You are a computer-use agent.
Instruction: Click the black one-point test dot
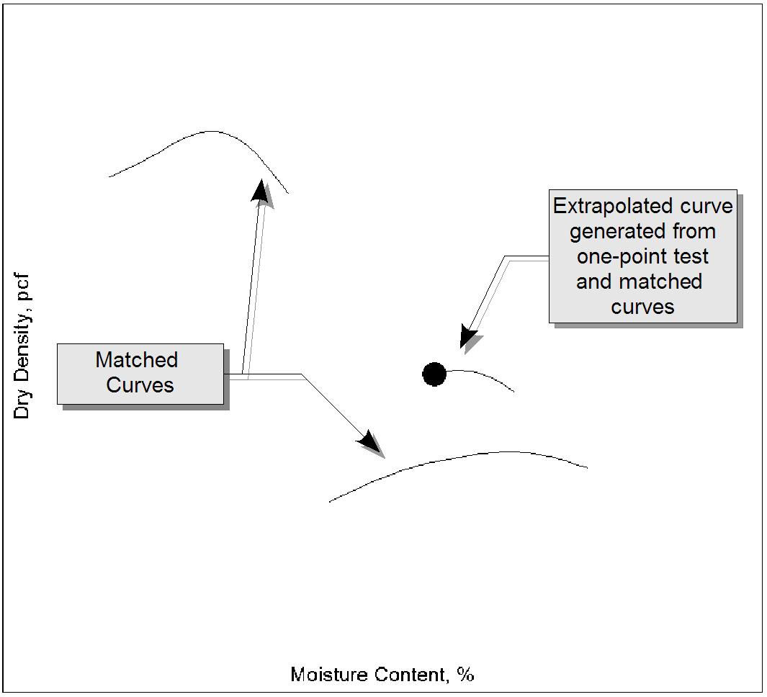(x=434, y=374)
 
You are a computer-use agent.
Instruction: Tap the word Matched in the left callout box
(x=137, y=360)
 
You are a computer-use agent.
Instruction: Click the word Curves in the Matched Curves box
(x=140, y=385)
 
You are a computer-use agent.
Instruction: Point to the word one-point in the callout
(x=616, y=256)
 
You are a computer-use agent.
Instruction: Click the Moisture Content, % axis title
(x=382, y=675)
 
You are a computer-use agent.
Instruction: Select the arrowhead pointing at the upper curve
(x=261, y=190)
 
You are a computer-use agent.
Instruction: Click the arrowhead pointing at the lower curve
(x=371, y=441)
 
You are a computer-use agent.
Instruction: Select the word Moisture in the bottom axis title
(x=326, y=675)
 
